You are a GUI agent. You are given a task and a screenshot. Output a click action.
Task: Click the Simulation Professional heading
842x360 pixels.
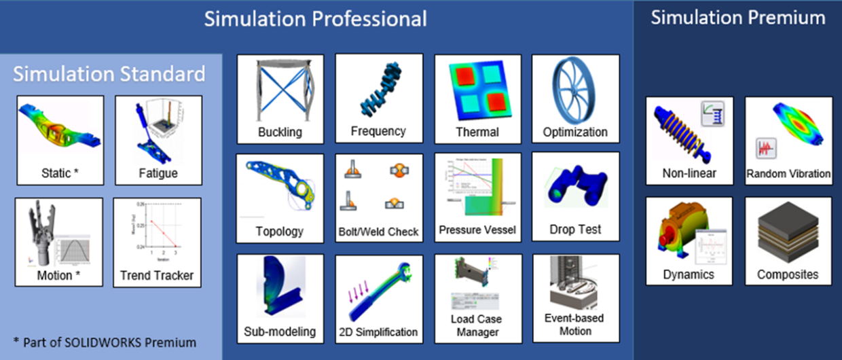click(316, 18)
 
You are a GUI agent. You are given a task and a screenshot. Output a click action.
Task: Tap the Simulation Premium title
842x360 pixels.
click(738, 18)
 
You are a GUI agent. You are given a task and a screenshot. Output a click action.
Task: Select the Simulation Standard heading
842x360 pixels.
click(109, 73)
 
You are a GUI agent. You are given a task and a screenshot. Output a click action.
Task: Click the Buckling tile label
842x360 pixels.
click(280, 132)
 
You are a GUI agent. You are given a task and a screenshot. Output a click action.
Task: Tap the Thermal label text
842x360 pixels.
click(477, 132)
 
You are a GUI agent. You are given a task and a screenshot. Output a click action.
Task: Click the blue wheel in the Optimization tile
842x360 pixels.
click(574, 89)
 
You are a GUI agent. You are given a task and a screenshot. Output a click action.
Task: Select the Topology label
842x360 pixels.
click(280, 231)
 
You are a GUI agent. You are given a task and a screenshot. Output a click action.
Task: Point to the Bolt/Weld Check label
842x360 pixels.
click(379, 232)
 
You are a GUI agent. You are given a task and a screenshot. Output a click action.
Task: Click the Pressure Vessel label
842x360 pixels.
click(477, 230)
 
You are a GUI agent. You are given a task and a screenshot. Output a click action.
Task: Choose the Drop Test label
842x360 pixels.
click(575, 230)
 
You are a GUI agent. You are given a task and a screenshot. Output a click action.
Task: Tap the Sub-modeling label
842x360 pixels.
click(280, 331)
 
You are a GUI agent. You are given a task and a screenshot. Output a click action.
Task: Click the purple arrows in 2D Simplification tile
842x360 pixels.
click(359, 295)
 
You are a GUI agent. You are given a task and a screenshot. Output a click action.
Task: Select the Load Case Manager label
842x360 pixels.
click(477, 325)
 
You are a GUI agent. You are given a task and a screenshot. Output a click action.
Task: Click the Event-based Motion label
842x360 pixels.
click(575, 324)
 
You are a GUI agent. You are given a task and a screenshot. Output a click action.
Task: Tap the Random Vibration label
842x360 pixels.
click(788, 174)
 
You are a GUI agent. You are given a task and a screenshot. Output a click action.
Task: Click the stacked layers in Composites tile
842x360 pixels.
click(788, 234)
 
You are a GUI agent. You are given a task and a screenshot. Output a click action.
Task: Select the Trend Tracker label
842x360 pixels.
click(157, 275)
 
